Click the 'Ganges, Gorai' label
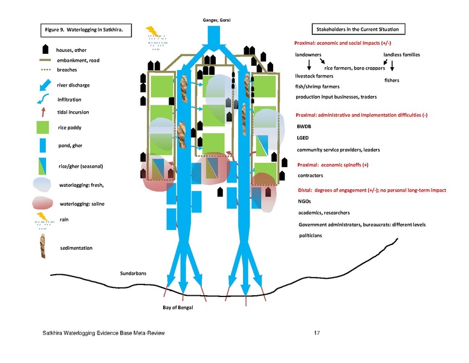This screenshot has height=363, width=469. pos(216,20)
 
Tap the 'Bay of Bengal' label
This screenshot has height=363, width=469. pos(178,307)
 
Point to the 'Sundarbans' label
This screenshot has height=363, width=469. pos(133,273)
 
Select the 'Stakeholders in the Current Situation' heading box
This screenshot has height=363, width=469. pos(358,29)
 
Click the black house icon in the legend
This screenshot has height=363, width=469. pos(45,49)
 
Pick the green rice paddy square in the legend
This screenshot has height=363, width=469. pos(43,127)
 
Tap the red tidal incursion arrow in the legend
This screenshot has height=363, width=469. pos(44,113)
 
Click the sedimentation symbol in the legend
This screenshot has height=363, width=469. pos(43,246)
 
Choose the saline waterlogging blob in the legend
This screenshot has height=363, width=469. pos(42,203)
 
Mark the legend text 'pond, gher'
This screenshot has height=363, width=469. pos(70,146)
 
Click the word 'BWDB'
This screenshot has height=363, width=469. pos(304,126)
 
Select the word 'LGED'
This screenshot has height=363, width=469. pos(303,138)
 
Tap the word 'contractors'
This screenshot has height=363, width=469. pos(310,175)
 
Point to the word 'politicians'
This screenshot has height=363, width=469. pos(311,235)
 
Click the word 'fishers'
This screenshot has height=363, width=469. pos(392,80)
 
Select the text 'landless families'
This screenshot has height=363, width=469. pos(402,54)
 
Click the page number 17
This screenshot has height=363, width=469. pos(317,333)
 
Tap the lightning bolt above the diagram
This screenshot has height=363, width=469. pos(152,31)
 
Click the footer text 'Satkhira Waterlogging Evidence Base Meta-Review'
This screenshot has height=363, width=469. pos(103,333)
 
